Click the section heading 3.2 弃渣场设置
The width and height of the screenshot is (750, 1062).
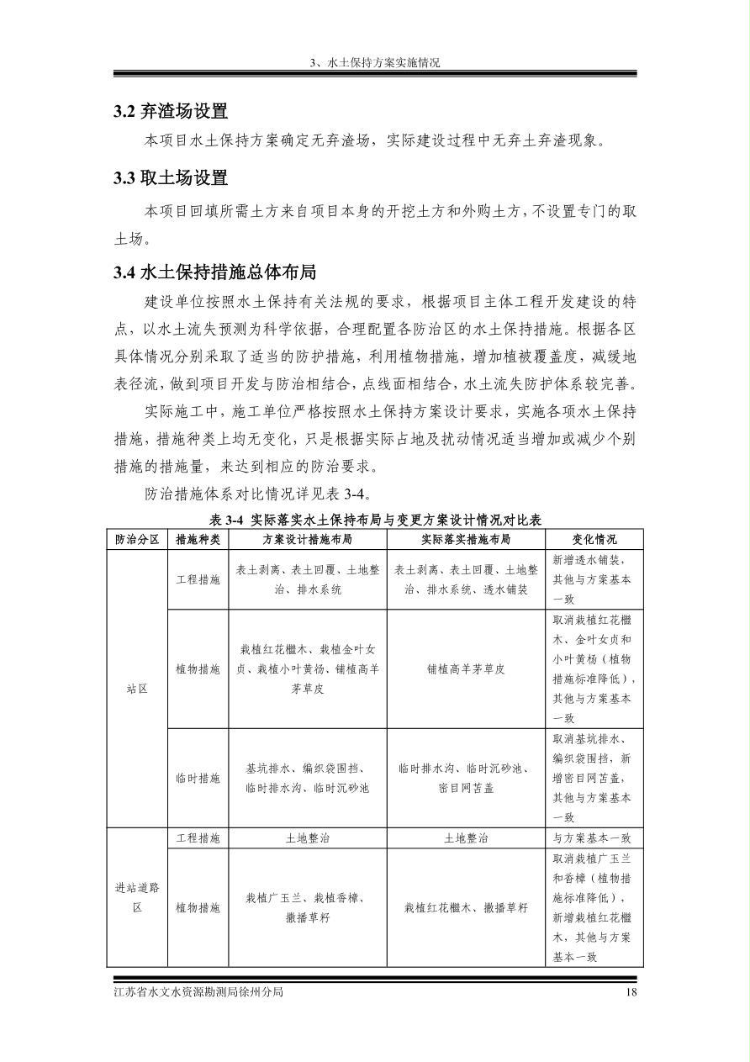click(171, 111)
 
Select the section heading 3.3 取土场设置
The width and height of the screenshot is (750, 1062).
click(171, 178)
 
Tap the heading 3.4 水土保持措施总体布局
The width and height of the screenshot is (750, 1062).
click(214, 272)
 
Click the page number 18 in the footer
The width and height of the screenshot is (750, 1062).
click(632, 992)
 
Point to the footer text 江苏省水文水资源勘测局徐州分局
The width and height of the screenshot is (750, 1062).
click(198, 992)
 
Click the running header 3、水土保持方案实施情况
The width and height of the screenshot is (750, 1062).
click(375, 63)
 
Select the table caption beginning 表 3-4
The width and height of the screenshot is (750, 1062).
click(375, 520)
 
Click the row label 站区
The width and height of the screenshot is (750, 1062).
click(137, 689)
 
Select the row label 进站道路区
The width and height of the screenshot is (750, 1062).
click(137, 897)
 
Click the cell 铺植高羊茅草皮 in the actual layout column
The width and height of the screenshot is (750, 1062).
click(466, 669)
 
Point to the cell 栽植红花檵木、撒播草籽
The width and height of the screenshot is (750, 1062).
click(466, 908)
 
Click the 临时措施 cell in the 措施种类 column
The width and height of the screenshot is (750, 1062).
click(198, 779)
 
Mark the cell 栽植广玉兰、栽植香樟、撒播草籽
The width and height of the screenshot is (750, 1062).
click(307, 908)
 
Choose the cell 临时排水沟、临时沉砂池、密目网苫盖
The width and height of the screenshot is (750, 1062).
click(466, 779)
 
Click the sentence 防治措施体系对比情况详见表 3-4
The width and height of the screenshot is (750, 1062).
click(257, 494)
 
